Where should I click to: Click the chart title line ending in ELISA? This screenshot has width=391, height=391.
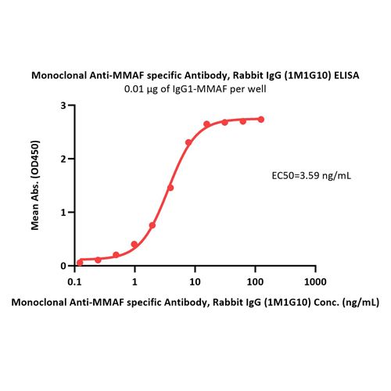coord(195,76)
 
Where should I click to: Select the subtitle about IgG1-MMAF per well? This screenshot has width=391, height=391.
coord(195,88)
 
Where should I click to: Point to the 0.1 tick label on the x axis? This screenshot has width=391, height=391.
coord(75,279)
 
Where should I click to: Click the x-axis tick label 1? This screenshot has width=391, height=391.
coord(135,279)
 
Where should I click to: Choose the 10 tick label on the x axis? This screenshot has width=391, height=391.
coord(195,279)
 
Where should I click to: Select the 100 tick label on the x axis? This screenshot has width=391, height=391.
coord(255,279)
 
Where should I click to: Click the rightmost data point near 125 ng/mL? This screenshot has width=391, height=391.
coord(261,119)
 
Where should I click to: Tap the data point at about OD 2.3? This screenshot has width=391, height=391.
coord(188,142)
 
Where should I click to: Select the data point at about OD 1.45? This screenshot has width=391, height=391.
coord(170,188)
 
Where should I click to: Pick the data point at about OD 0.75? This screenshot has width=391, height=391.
coord(152,225)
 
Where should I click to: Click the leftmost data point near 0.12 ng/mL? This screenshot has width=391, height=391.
coord(80,262)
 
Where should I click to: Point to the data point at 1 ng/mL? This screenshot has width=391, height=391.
coord(135,244)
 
